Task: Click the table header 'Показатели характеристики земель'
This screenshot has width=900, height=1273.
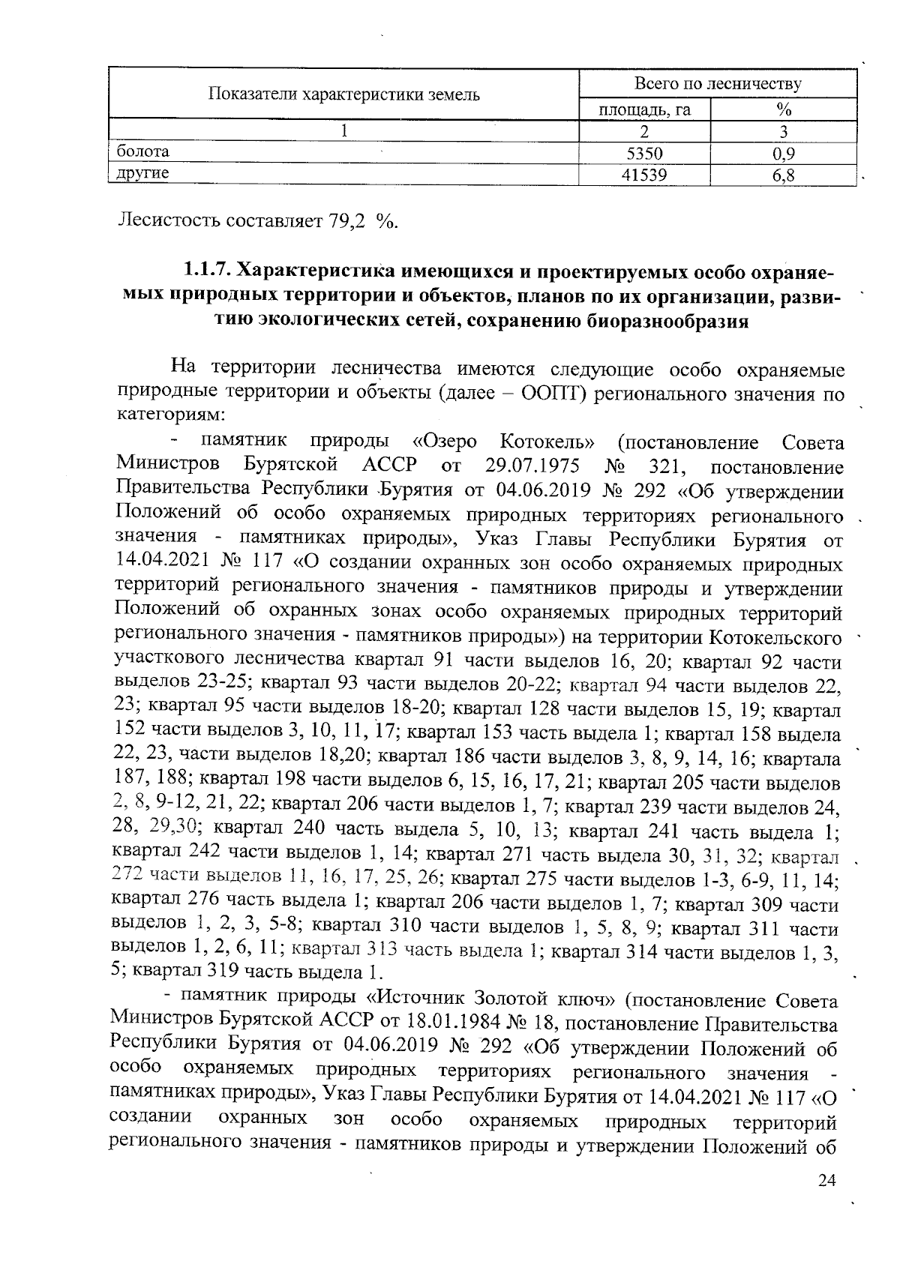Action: (x=343, y=94)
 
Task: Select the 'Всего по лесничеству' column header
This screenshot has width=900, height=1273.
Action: (x=718, y=83)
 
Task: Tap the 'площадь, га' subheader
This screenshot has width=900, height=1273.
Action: (x=644, y=110)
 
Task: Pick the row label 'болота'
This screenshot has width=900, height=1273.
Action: (x=142, y=152)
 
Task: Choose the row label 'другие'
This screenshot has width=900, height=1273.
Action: (x=142, y=174)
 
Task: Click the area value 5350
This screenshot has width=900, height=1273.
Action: (x=644, y=154)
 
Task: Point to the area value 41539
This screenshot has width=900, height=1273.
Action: (x=644, y=175)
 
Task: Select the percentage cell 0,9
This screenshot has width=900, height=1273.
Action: (x=783, y=154)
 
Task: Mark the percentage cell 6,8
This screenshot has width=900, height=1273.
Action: (x=783, y=175)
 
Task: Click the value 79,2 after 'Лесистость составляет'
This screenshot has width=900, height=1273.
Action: (x=348, y=221)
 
